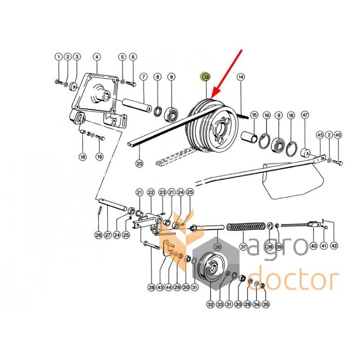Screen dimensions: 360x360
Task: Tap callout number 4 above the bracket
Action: (97, 57)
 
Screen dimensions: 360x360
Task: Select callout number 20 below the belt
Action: (139, 164)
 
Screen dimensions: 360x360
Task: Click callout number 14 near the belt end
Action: (241, 77)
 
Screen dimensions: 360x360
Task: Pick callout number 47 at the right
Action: (305, 114)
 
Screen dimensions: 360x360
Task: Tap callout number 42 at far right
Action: (334, 245)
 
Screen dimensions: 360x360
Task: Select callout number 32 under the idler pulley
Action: (210, 305)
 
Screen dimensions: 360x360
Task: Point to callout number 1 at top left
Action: (58, 57)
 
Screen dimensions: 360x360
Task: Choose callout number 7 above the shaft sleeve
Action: (144, 76)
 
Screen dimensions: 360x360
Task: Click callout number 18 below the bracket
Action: (83, 157)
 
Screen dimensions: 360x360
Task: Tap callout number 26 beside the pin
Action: (99, 235)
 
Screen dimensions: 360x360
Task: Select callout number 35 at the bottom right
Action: (265, 305)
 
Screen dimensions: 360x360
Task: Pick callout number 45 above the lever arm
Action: (320, 135)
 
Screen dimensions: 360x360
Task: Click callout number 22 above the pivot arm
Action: (151, 193)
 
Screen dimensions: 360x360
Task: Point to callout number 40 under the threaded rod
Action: (313, 246)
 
